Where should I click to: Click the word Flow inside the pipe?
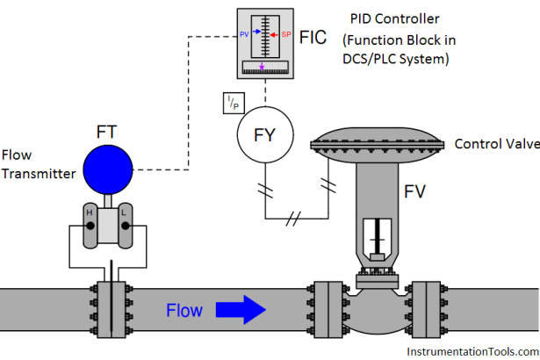point(184,310)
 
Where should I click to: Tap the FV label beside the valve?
point(417,191)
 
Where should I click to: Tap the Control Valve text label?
point(495,142)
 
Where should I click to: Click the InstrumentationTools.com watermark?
point(472,350)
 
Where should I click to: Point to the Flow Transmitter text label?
point(37,165)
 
